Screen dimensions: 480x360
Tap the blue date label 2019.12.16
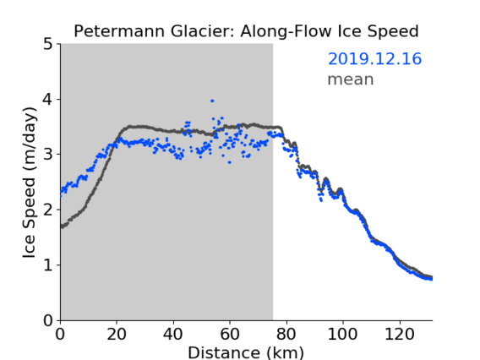coord(374,59)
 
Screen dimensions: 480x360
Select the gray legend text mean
coord(351,79)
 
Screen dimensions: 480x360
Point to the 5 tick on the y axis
coord(48,45)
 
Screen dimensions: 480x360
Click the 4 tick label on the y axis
coord(48,100)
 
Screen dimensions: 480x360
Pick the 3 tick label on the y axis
coord(48,155)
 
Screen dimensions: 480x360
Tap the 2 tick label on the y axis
coord(48,210)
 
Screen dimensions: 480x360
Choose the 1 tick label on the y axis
coord(48,265)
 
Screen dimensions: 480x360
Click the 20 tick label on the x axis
coord(117,334)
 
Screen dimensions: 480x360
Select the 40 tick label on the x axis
coord(173,334)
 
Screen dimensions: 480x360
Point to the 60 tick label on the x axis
coord(230,334)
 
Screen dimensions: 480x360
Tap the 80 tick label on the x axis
coord(286,334)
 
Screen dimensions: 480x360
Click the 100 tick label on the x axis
coord(342,334)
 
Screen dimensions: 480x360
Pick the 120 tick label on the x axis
coord(400,334)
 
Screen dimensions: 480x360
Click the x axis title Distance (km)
coord(246,353)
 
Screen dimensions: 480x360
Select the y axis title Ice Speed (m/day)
coord(30,183)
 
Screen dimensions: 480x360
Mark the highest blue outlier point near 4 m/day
coord(212,101)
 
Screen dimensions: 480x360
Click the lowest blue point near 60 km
coord(229,162)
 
